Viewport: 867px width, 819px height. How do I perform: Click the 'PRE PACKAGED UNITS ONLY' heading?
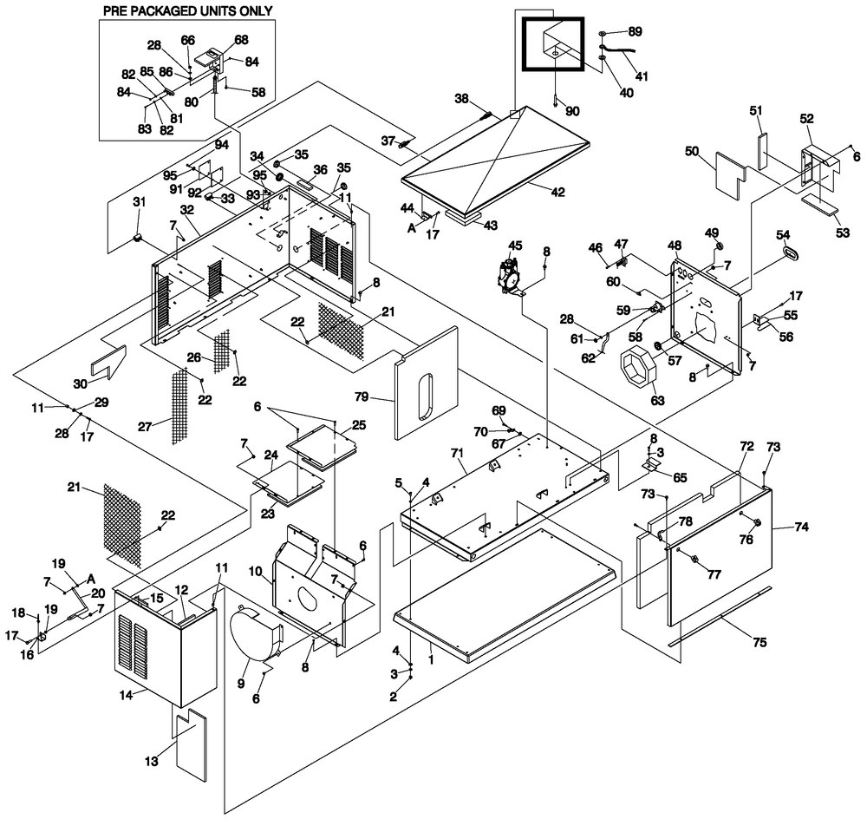187,10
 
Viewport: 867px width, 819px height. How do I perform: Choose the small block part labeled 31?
137,235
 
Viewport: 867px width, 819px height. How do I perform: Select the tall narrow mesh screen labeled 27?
179,403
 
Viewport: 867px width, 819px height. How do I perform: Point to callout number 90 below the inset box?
571,112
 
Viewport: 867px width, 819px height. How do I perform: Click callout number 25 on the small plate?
359,425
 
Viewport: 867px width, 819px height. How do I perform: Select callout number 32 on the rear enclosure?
186,209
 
